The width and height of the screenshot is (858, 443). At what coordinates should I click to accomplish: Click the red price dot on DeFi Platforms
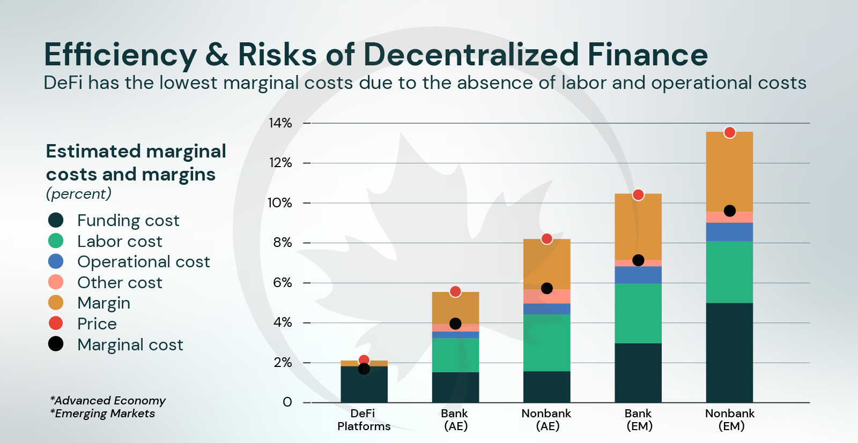pos(364,361)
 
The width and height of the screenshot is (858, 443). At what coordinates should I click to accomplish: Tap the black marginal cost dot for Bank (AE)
pos(455,324)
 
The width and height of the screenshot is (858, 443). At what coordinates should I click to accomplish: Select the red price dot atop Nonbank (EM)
pos(729,132)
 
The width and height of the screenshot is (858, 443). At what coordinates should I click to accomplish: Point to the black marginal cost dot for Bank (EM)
pos(638,260)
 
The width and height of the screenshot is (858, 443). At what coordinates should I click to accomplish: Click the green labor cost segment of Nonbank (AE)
pos(546,343)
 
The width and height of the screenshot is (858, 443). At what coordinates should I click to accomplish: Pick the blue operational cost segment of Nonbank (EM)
pos(729,232)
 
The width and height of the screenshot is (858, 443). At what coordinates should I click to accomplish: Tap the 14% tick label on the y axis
pos(280,123)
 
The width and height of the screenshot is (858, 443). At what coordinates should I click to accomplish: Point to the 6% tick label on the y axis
pos(283,283)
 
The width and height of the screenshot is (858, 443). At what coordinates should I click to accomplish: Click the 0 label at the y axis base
pos(287,402)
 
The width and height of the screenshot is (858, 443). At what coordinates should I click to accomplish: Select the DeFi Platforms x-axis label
pos(364,420)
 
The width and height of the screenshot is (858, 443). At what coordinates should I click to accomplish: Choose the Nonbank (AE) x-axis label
pos(546,420)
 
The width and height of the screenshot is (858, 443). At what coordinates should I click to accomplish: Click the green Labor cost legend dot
pos(56,241)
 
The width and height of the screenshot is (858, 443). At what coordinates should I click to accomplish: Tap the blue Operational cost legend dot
pos(56,261)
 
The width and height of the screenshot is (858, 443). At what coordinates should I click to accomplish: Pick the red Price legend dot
pos(56,324)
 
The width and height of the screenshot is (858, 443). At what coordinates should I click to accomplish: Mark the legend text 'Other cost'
pos(120,282)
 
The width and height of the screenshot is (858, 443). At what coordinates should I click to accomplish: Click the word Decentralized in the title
pos(471,55)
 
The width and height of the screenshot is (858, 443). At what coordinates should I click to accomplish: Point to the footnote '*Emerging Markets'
pos(102,414)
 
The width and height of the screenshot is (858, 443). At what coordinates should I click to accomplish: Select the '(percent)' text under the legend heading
pos(79,193)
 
